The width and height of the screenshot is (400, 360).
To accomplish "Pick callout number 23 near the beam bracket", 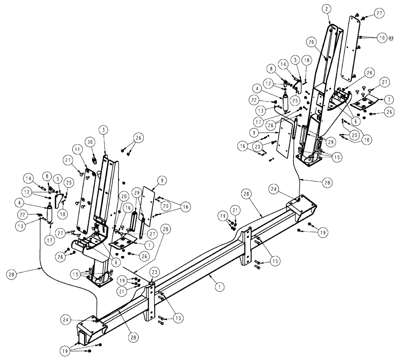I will (154, 272).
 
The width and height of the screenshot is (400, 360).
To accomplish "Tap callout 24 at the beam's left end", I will (66, 319).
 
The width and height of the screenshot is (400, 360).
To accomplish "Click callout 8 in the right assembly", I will (273, 69).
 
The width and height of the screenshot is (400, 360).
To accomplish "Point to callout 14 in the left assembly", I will (28, 178).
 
